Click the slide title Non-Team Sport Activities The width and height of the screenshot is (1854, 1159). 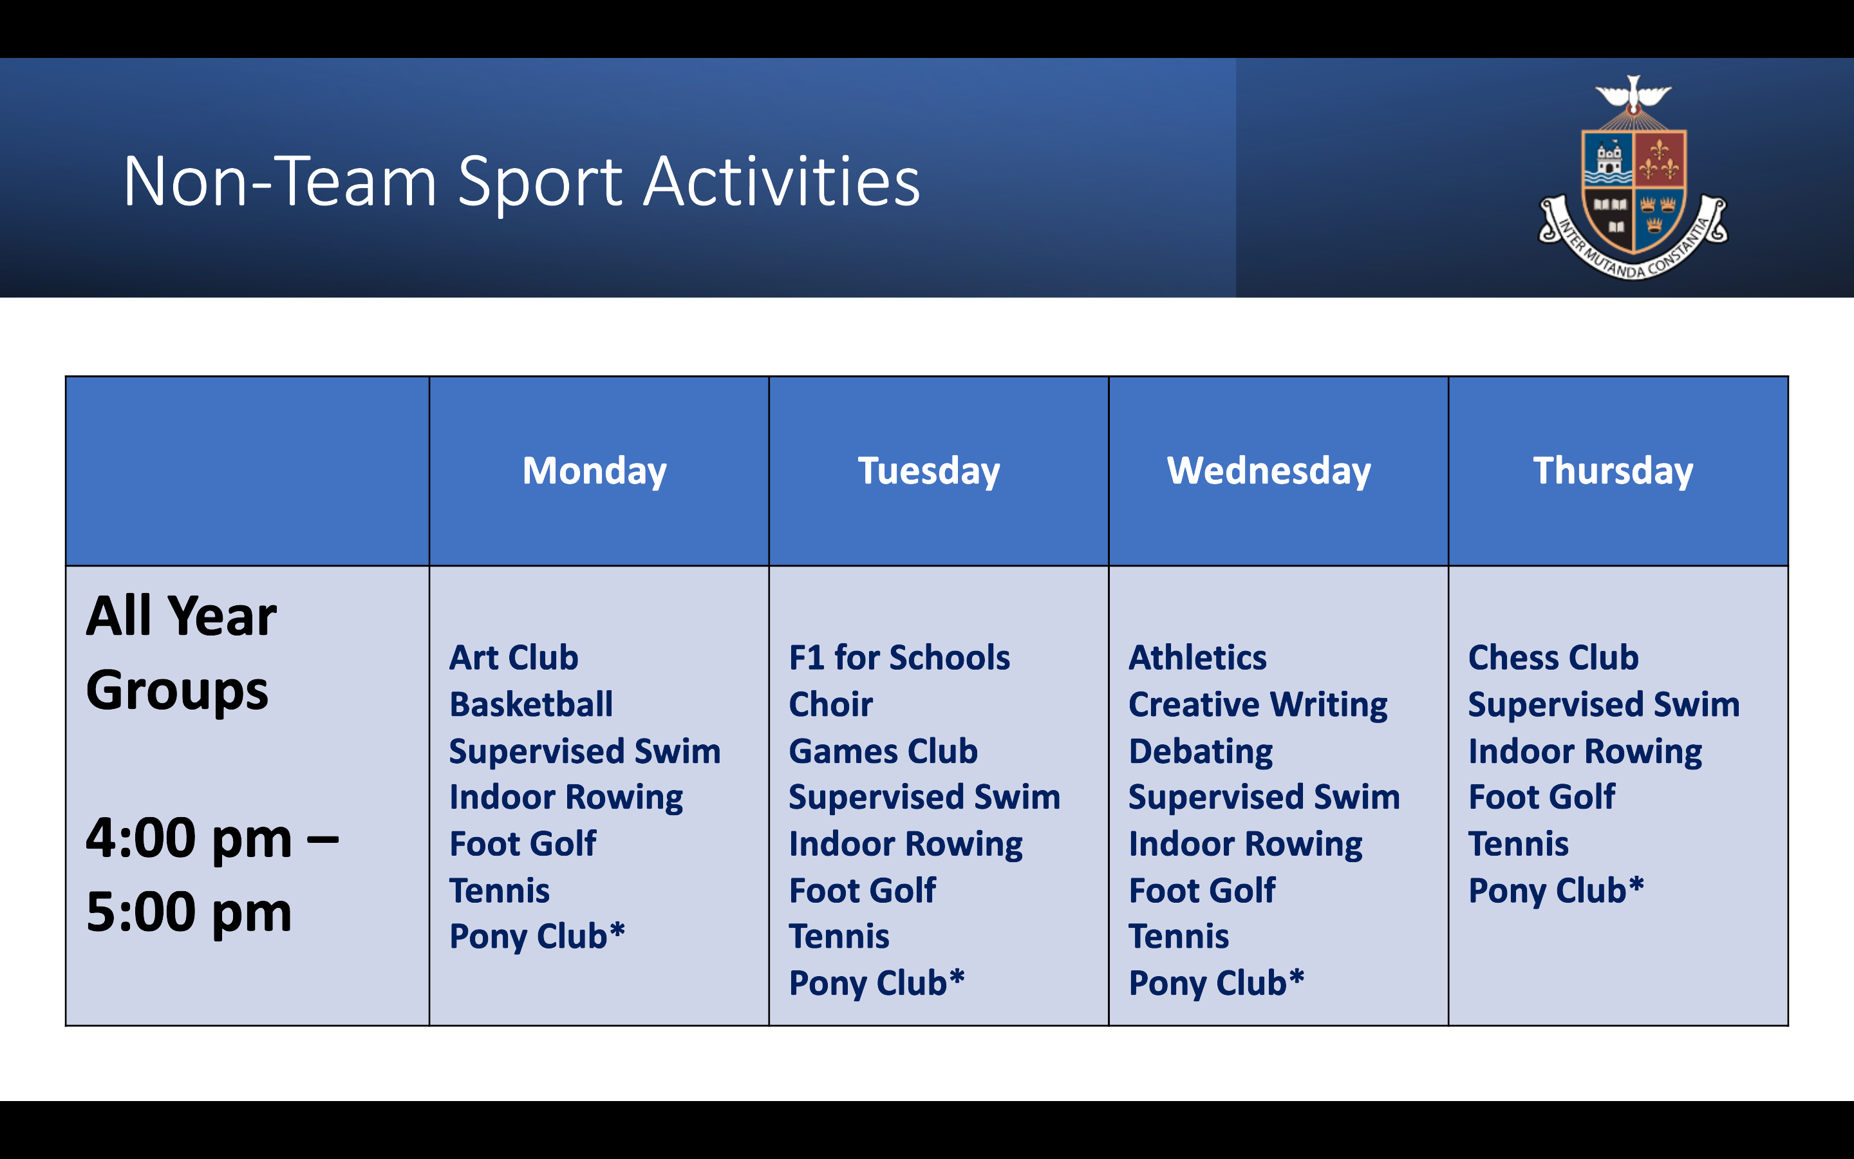[521, 182]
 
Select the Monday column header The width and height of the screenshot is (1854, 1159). [595, 471]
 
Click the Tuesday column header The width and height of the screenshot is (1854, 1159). [928, 471]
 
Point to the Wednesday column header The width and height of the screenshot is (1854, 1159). [1269, 471]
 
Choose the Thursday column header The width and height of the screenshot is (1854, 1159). [1613, 471]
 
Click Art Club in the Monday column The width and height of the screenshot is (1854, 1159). [513, 657]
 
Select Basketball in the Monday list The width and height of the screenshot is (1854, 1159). [531, 704]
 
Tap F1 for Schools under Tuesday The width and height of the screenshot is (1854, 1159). [899, 657]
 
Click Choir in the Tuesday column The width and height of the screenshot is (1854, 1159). [830, 704]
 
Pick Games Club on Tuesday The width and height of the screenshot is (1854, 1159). [883, 751]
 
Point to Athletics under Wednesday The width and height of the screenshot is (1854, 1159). [1197, 657]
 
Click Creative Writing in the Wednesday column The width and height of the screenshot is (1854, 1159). [1258, 704]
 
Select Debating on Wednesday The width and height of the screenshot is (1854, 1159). [1201, 751]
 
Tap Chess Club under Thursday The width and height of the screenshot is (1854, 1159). [1553, 657]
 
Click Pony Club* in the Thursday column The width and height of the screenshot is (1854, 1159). [1555, 890]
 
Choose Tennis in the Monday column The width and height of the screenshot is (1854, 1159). [500, 890]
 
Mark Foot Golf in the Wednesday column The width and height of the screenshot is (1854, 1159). [1202, 890]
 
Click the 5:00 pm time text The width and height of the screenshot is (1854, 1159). [189, 912]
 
